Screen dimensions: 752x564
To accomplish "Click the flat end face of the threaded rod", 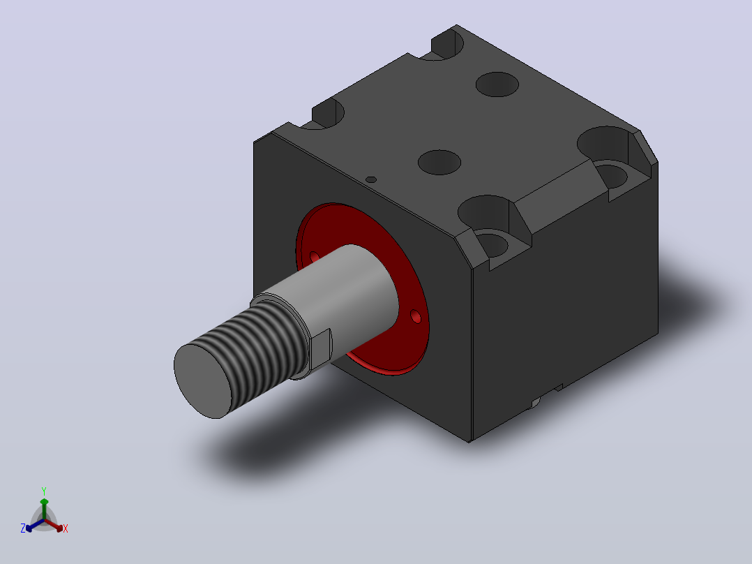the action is pyautogui.click(x=202, y=381).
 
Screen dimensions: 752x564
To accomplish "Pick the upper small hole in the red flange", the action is pyautogui.click(x=315, y=257).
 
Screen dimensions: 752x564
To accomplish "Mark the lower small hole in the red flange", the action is pyautogui.click(x=416, y=317).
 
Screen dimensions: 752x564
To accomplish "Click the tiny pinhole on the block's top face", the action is pyautogui.click(x=370, y=179).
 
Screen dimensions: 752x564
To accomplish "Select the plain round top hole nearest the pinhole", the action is pyautogui.click(x=439, y=162).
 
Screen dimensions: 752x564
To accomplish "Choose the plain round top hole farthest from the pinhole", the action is pyautogui.click(x=497, y=84).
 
